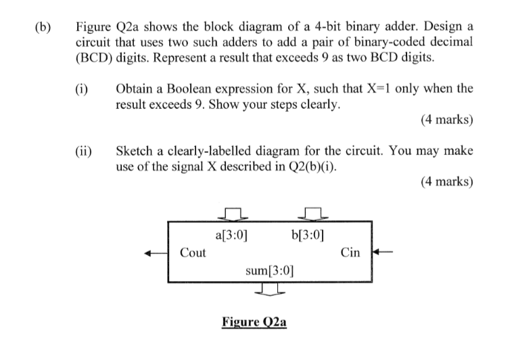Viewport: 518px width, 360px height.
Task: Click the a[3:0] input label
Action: (231, 236)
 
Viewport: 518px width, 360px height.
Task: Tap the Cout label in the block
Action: (193, 253)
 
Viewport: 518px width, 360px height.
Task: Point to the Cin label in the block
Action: (350, 253)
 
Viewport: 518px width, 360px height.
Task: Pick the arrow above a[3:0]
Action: (232, 214)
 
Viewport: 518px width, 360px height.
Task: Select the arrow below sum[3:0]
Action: (268, 290)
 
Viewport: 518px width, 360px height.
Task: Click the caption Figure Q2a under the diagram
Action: (254, 321)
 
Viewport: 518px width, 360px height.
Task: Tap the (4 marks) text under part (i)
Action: (446, 120)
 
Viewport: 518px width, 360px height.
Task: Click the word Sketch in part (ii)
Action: (133, 150)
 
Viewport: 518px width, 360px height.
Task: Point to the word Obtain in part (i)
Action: (134, 89)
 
